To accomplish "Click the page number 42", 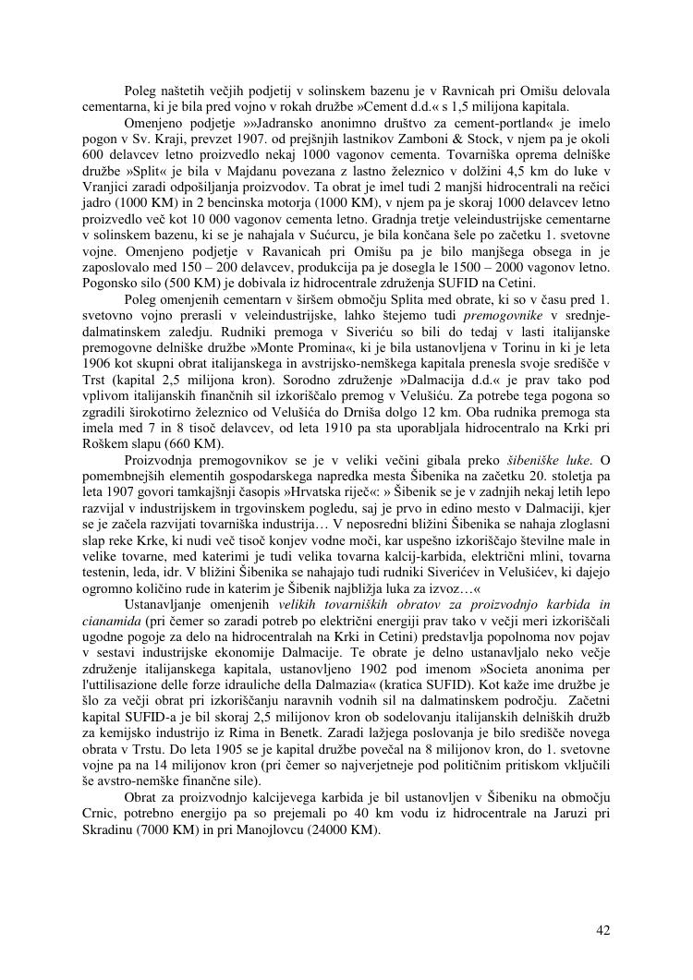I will click(x=602, y=930).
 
